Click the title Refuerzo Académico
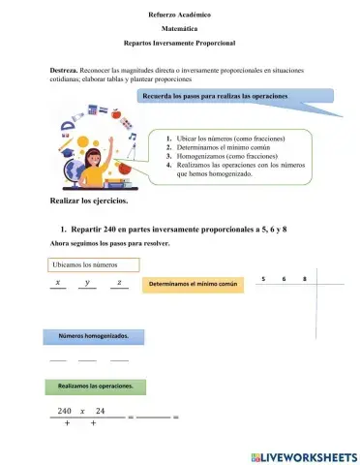point(179,16)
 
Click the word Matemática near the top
point(179,30)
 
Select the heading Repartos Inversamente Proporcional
point(179,44)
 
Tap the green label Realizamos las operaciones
point(95,386)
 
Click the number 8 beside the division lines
point(304,280)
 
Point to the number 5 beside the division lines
point(263,280)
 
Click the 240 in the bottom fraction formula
point(65,412)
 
